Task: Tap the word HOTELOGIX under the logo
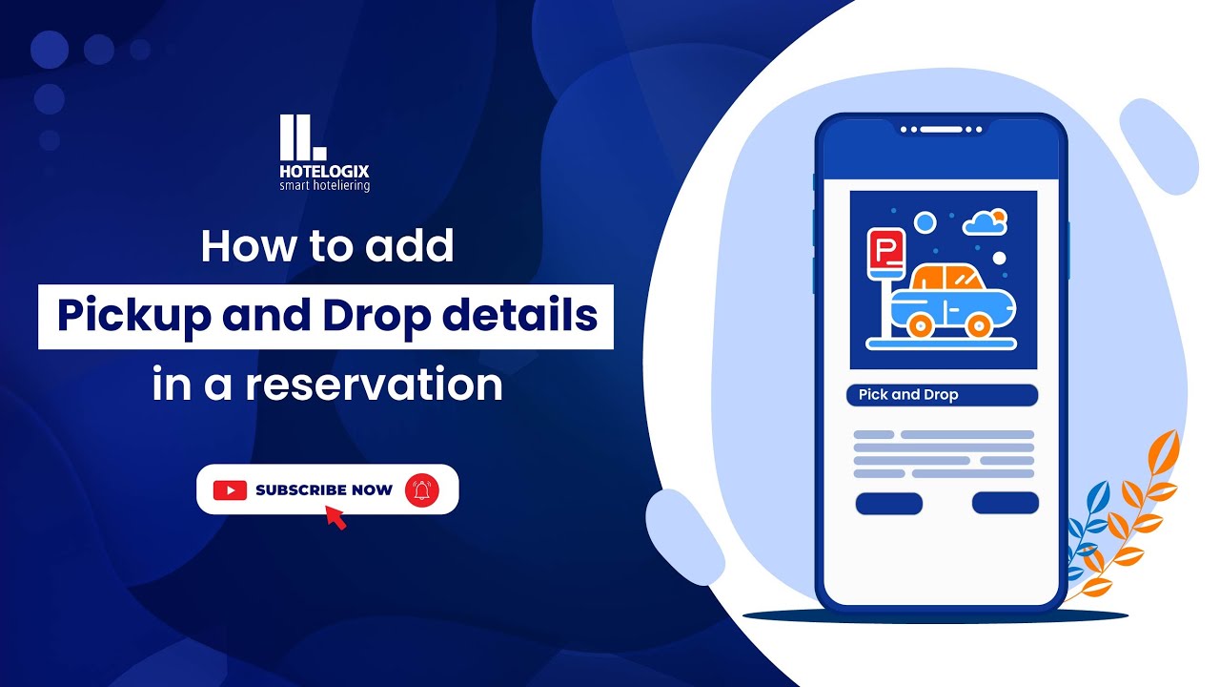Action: click(x=324, y=172)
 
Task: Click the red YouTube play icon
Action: click(x=230, y=490)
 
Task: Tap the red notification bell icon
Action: click(x=421, y=490)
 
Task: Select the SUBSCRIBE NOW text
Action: click(x=323, y=490)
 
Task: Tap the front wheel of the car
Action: click(x=977, y=325)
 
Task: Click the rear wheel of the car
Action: click(x=919, y=325)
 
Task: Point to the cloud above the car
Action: click(x=985, y=223)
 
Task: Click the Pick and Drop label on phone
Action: click(x=942, y=395)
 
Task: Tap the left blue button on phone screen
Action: click(x=888, y=504)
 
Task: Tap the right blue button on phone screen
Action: click(x=1005, y=503)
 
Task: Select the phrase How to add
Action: click(x=327, y=247)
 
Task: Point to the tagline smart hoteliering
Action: click(x=324, y=186)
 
